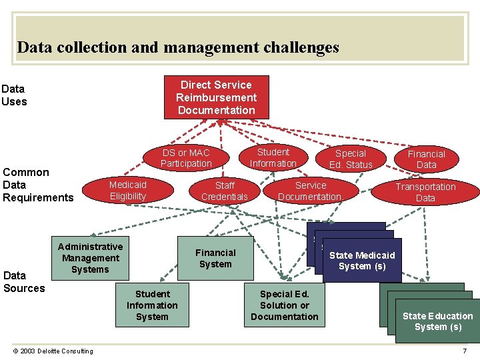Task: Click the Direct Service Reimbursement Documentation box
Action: pos(217,97)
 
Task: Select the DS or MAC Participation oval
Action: pos(186,158)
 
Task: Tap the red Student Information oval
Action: pos(273,157)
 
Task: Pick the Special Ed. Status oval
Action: pos(351,159)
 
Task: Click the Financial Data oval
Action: pos(426,159)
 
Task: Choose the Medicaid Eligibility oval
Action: pos(128,190)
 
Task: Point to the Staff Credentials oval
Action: pos(225,191)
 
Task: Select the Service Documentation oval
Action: pos(310,191)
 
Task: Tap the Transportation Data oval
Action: pos(425,192)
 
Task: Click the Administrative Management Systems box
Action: pos(90,258)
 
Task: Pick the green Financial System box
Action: pos(215,258)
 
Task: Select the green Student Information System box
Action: pos(152,305)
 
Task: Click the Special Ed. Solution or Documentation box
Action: pos(285,305)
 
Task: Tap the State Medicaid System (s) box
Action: pos(362,261)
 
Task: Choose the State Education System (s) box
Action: pos(437,321)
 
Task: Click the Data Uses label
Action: pos(14,95)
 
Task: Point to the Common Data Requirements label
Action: pos(38,185)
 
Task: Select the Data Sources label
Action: pos(24,281)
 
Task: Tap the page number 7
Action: pos(465,351)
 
